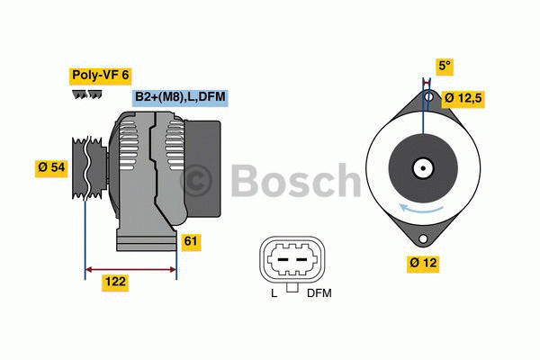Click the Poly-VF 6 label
pos(100,75)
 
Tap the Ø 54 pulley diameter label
pos(51,167)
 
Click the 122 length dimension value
pos(115,282)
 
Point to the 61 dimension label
pos(191,241)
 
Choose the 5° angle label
pos(444,66)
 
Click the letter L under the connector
pos(274,293)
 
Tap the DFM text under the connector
pos(319,293)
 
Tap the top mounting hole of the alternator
pos(428,96)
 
